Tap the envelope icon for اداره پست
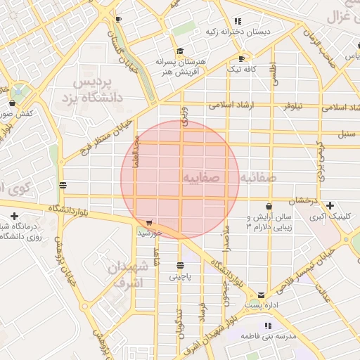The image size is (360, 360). click(x=262, y=295)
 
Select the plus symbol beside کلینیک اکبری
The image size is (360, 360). click(x=330, y=205)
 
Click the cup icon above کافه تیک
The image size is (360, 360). click(x=242, y=58)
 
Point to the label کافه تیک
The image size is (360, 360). click(x=242, y=69)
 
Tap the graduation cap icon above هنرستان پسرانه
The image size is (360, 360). click(x=180, y=51)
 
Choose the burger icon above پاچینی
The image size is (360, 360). click(x=181, y=266)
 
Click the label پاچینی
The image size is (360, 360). click(x=180, y=277)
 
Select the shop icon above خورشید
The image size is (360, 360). click(x=149, y=222)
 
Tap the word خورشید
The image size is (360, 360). click(x=150, y=232)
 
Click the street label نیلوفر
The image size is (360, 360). click(x=292, y=107)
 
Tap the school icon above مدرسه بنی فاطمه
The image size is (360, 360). click(x=267, y=326)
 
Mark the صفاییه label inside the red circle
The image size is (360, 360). click(x=201, y=178)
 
